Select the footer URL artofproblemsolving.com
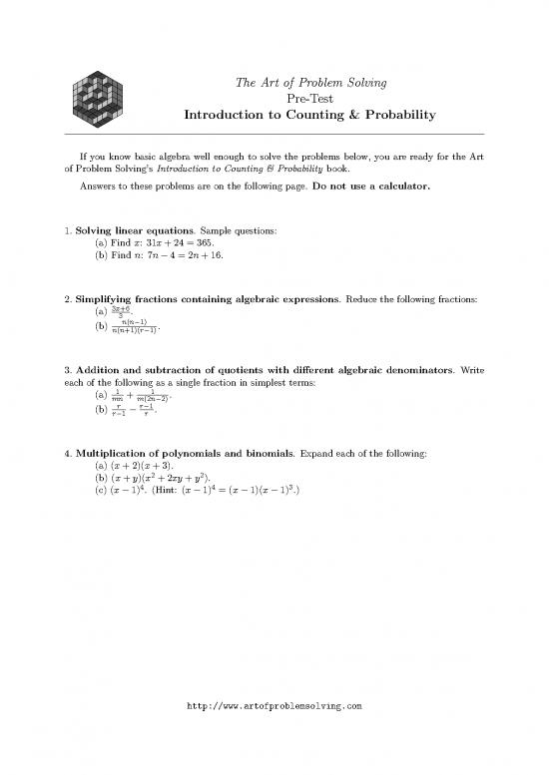coord(274,705)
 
